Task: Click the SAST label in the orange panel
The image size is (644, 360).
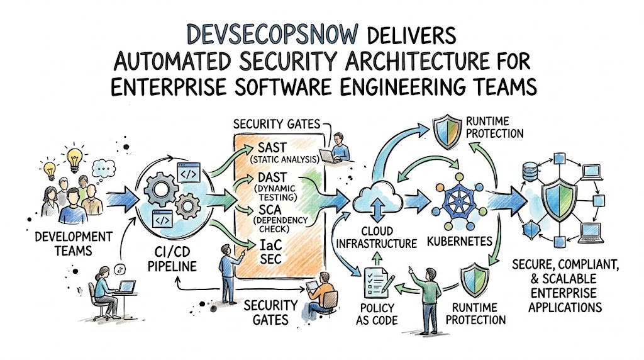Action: coord(272,147)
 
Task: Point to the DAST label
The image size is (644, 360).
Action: coord(272,177)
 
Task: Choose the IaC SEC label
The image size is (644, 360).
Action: coord(270,252)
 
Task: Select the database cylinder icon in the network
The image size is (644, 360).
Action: coord(530,172)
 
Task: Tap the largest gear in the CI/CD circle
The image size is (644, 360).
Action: coord(161,189)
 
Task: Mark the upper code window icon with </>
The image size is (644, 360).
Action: coord(189,173)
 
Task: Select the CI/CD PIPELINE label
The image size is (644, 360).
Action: coord(172,259)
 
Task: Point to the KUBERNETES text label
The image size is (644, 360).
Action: coord(460,241)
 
